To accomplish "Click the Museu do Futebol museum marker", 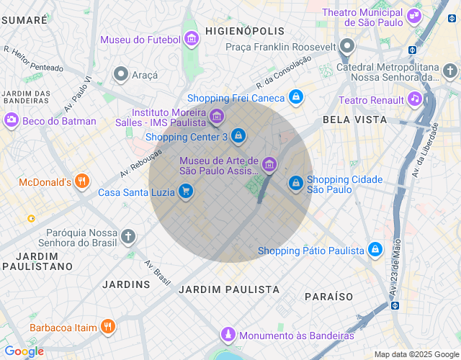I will [x=191, y=39].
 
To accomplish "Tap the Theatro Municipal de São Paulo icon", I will [x=414, y=14].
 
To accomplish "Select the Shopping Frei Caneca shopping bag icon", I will [x=295, y=96].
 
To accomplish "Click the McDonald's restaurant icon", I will [x=83, y=181].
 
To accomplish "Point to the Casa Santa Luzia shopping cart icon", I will [x=186, y=192].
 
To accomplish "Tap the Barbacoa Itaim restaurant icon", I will [x=107, y=327].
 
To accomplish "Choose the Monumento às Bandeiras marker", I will [x=228, y=335].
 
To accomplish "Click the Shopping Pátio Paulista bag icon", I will [x=375, y=250].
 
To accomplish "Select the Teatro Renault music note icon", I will [x=414, y=99].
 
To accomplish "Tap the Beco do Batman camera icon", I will [x=12, y=120].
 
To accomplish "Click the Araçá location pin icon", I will [x=121, y=73].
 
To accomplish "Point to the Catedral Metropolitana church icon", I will [x=449, y=71].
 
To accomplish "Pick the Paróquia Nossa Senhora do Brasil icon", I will [x=127, y=236].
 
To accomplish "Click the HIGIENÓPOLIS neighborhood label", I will [x=244, y=32].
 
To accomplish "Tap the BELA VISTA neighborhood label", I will [x=354, y=120].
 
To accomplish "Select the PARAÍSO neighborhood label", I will [x=328, y=297].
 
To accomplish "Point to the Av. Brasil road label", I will [x=158, y=271].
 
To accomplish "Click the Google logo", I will [x=24, y=351].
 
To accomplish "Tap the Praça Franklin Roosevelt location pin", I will [x=347, y=48].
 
